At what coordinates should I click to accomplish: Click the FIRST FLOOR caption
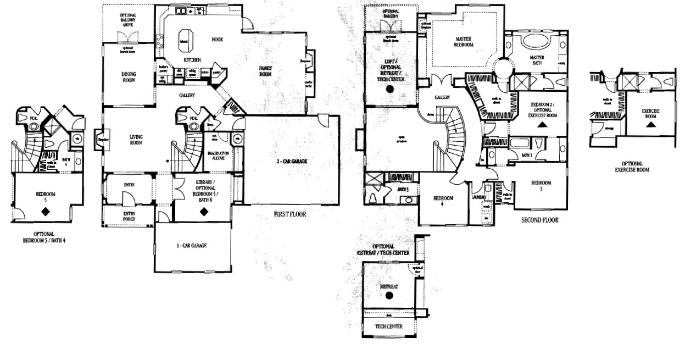click(x=289, y=214)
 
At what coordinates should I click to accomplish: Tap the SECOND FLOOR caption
click(x=540, y=220)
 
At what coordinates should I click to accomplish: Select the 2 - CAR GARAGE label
click(x=291, y=162)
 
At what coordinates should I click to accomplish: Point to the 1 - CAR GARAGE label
click(x=191, y=246)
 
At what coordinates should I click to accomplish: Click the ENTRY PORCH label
click(x=129, y=216)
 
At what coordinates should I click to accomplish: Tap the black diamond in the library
click(x=203, y=210)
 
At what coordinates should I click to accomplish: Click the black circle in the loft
click(x=391, y=88)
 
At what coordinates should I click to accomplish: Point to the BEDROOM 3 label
click(x=542, y=186)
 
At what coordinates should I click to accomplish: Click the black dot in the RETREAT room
click(x=389, y=296)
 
